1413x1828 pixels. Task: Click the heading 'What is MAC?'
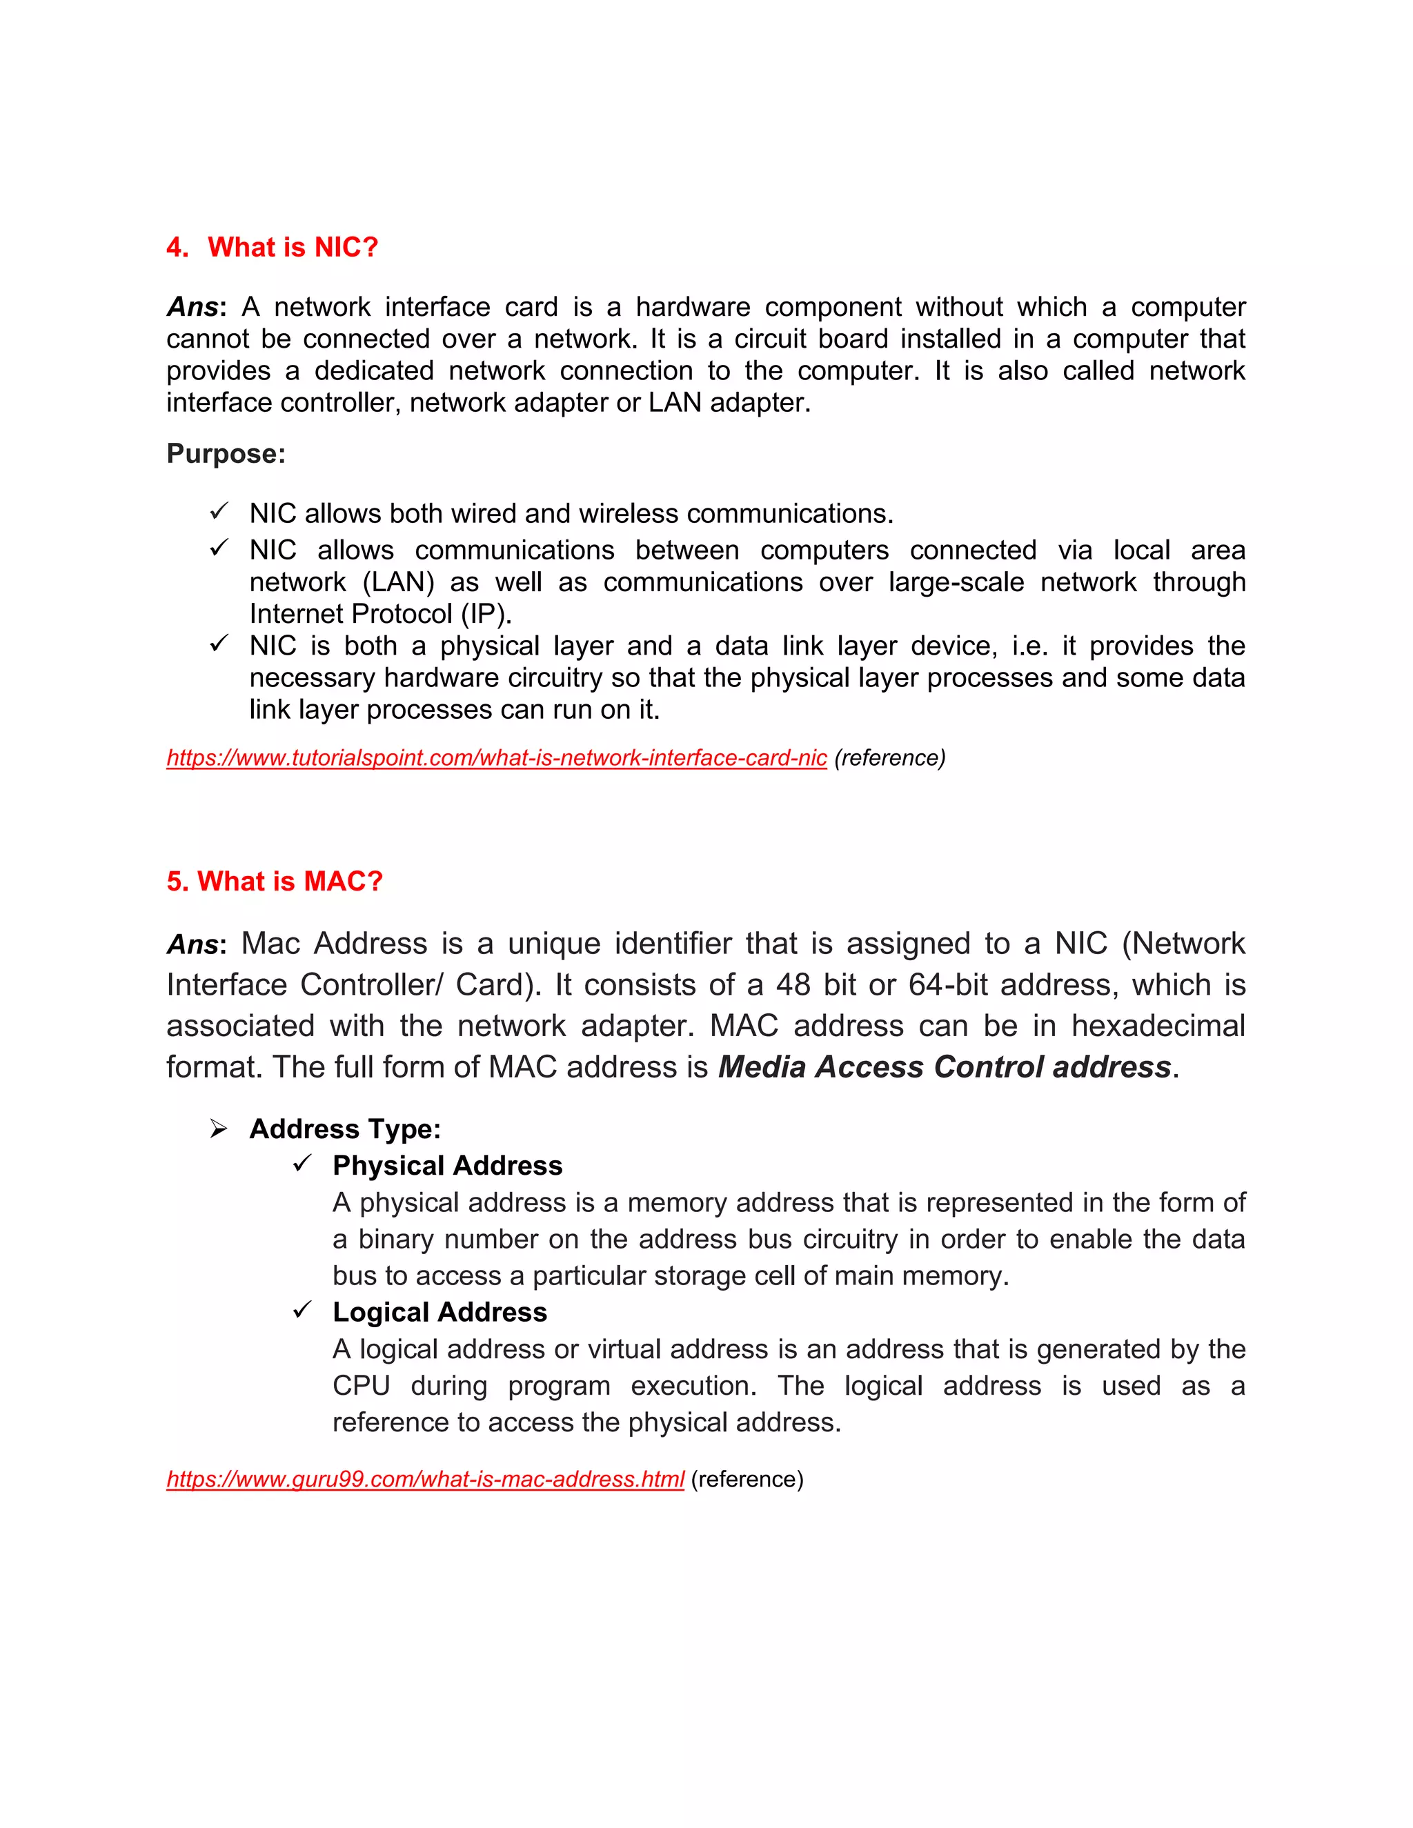point(290,882)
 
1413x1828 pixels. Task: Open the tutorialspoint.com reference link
point(496,758)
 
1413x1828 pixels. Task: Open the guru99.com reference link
point(425,1480)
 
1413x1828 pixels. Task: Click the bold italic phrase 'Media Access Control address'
point(945,1067)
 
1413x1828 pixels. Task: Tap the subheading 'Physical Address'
point(447,1166)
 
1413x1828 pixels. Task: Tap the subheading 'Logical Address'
point(439,1313)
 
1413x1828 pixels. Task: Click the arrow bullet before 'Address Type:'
point(219,1129)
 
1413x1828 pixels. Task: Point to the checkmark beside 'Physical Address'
point(302,1164)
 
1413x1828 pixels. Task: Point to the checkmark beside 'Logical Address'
point(302,1310)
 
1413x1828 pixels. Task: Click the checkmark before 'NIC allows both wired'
point(219,510)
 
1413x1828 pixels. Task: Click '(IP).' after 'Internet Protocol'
point(486,615)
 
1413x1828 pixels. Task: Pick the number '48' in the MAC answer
point(793,985)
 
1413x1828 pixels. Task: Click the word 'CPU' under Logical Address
point(361,1386)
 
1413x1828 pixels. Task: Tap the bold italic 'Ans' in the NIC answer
point(192,307)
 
